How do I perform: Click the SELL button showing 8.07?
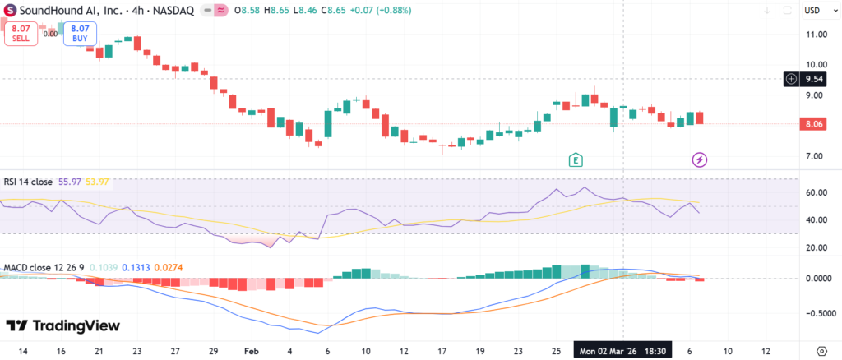pos(21,33)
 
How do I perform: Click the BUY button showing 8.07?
pos(81,33)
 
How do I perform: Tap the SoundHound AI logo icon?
pos(10,10)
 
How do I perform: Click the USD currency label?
pos(812,10)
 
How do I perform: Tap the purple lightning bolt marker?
pos(700,159)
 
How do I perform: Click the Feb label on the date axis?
pos(252,351)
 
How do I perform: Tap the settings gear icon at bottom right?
pos(821,351)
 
